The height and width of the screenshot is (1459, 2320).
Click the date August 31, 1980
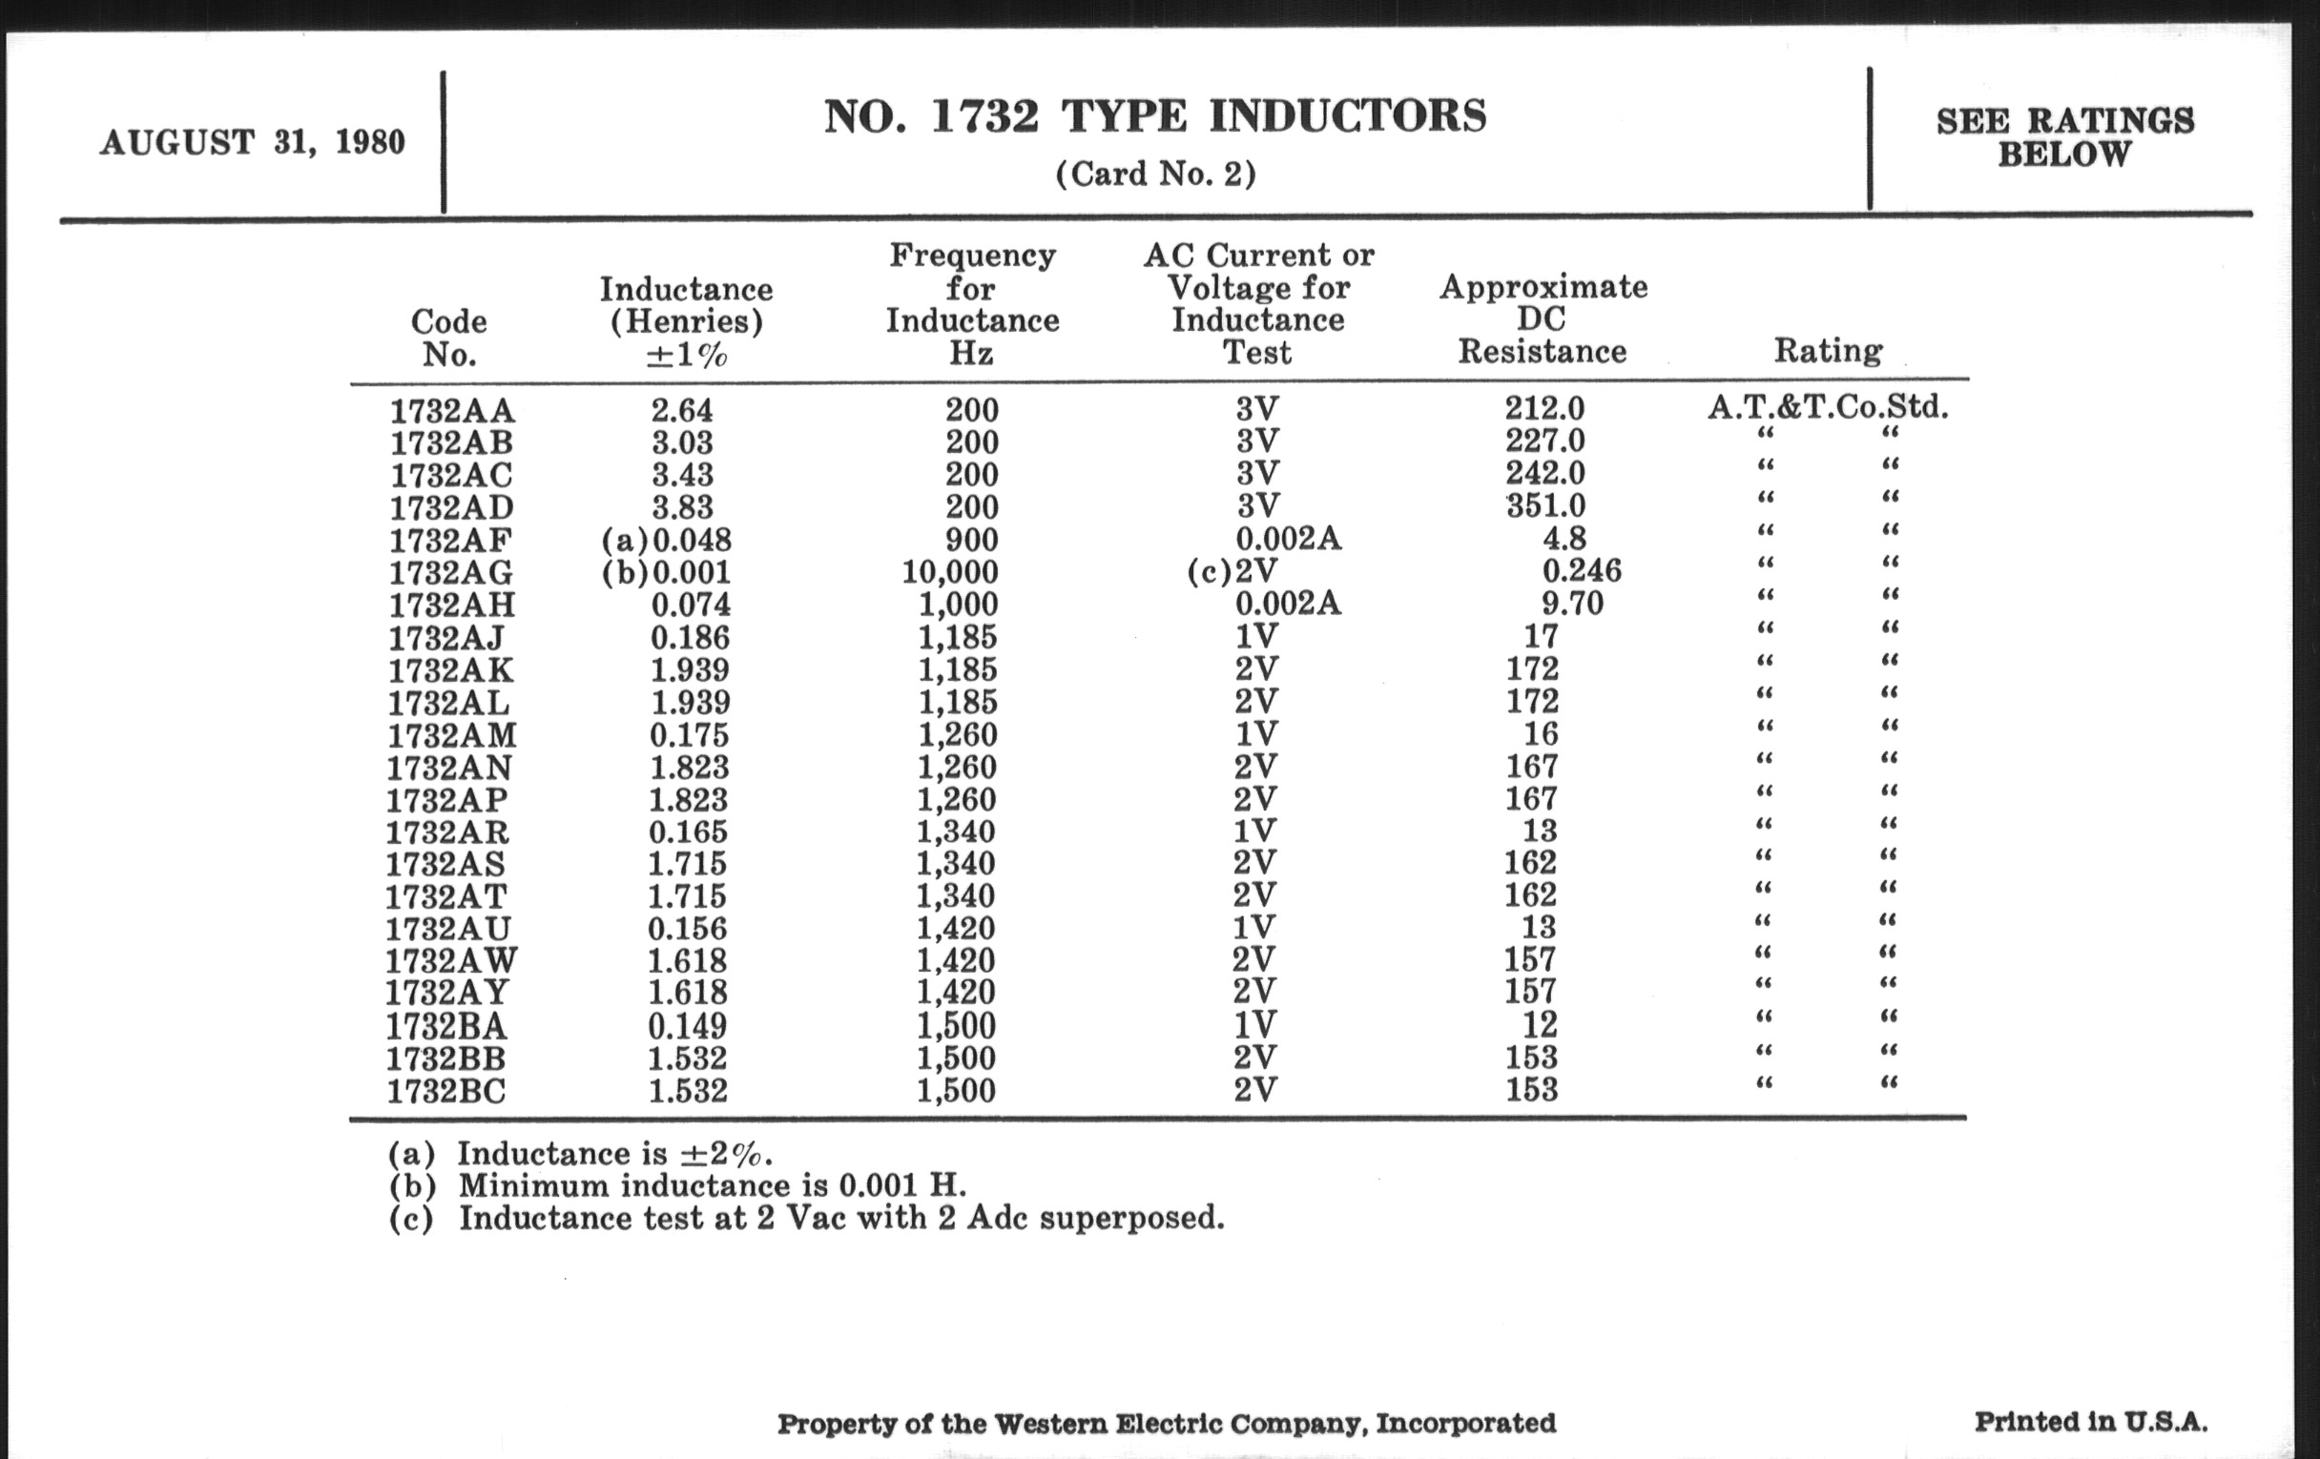253,142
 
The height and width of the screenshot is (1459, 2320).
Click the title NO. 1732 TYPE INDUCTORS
1154,116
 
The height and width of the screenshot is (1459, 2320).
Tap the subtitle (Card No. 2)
1155,175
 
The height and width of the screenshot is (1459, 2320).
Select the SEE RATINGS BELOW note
2064,136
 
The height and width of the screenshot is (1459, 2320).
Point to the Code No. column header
449,337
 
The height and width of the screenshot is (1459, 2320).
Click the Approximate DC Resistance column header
1543,319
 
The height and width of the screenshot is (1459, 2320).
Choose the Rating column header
1828,351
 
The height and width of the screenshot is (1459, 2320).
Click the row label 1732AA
452,411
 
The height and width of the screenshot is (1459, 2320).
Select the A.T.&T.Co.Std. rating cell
1828,407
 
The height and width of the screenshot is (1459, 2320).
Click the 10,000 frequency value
950,572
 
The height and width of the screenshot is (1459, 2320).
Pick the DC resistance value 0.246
1581,571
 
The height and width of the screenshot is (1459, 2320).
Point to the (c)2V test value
1232,572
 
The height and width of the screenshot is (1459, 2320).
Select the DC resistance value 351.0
1544,505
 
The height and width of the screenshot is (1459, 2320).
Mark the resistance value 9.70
1572,604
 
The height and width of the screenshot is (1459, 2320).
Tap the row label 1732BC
446,1091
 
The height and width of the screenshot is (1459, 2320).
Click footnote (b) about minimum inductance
677,1185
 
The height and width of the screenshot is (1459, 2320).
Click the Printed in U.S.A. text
2091,1422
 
